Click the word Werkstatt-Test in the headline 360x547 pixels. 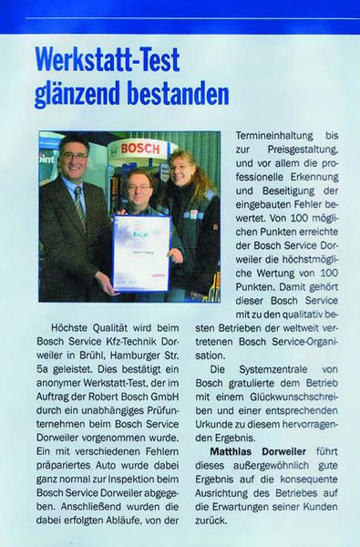click(107, 61)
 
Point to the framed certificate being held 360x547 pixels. click(140, 253)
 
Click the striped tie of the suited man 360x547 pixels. click(79, 206)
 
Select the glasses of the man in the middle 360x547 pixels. click(141, 182)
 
